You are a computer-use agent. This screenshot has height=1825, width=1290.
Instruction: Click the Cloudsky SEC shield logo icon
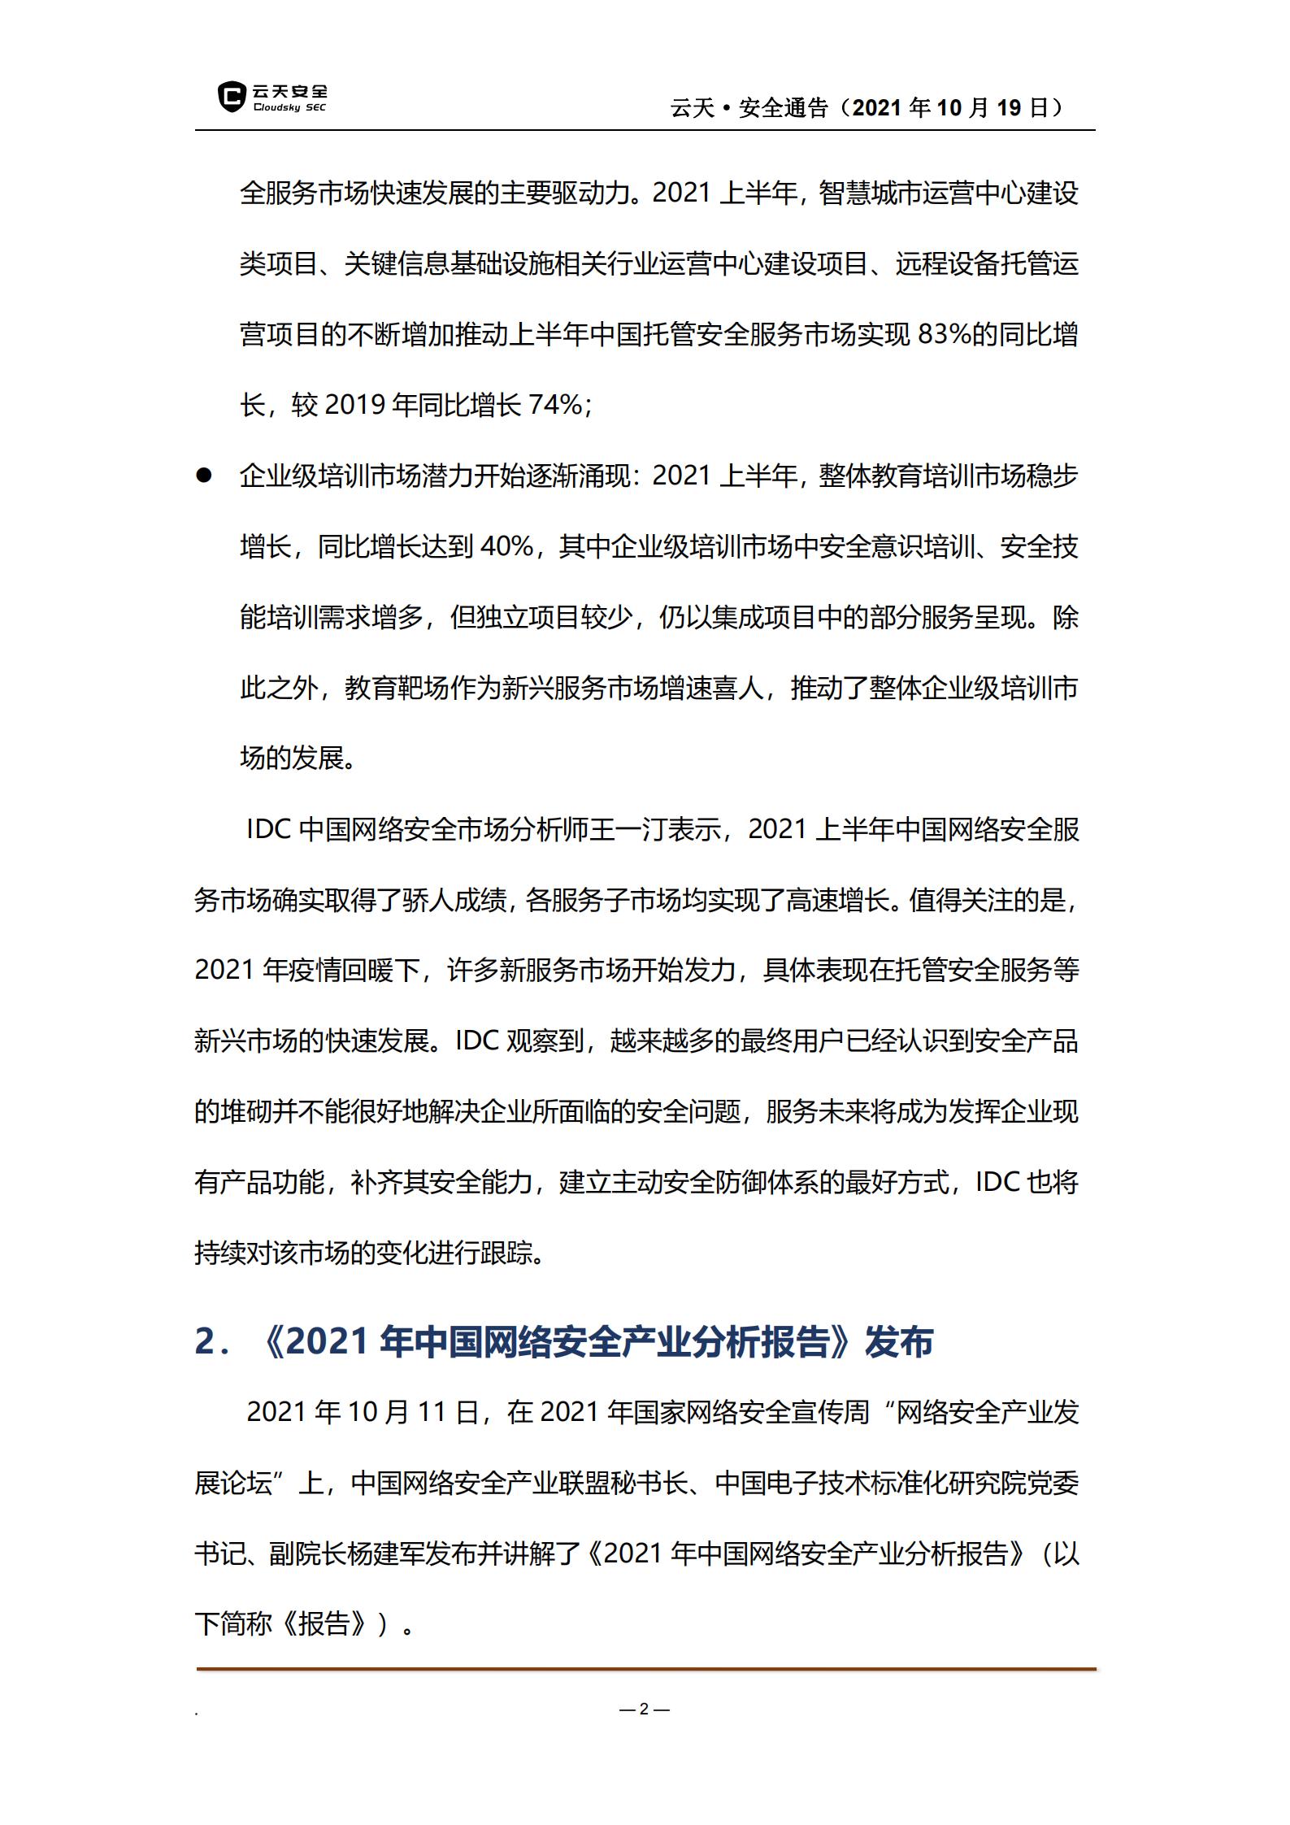[232, 97]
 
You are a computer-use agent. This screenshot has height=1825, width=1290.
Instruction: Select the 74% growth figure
[555, 405]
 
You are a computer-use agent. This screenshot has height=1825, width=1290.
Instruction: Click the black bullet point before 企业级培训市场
[203, 476]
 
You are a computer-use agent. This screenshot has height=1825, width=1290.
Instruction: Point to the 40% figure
[506, 546]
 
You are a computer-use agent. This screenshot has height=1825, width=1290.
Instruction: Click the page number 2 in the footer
[644, 1710]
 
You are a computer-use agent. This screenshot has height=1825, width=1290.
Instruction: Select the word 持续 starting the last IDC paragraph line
[219, 1253]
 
